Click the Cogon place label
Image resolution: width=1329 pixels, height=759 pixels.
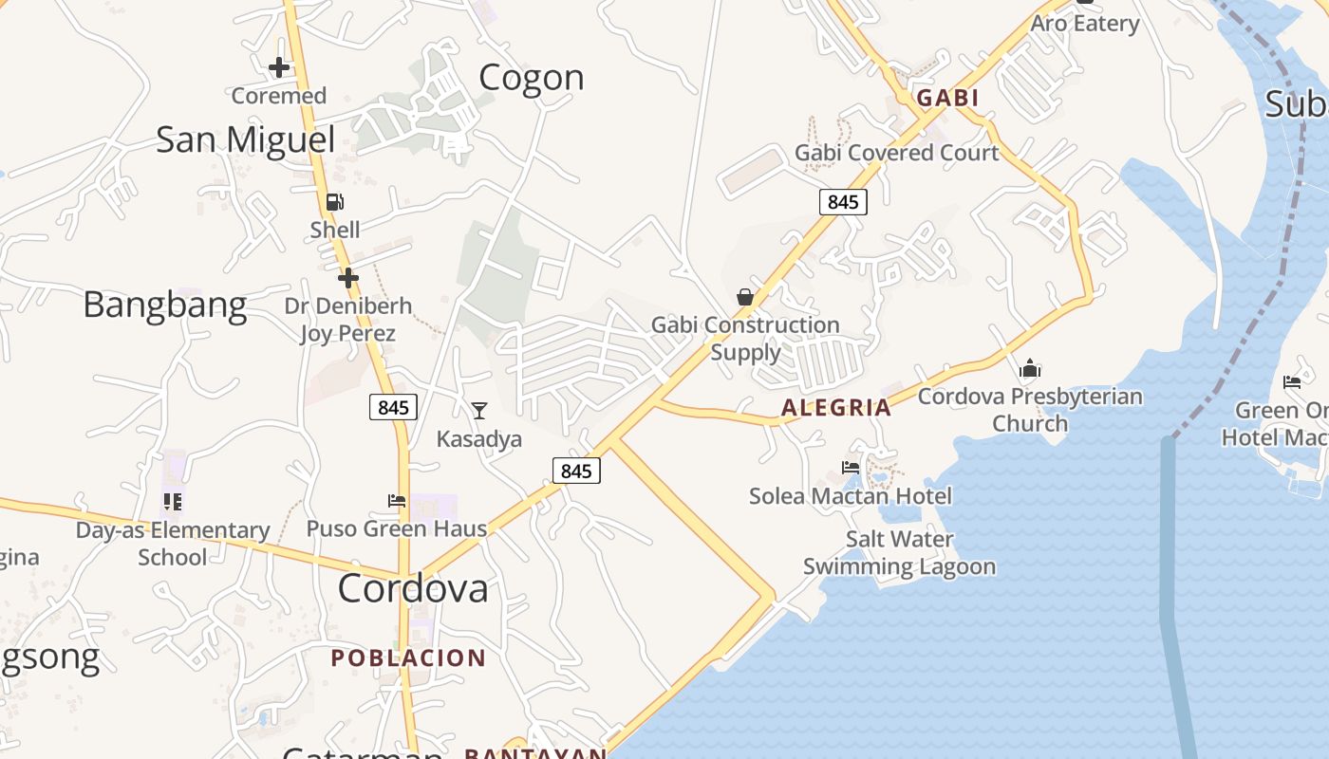click(531, 78)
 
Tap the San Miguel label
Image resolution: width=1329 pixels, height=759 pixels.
click(245, 139)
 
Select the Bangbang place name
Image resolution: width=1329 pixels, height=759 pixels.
click(164, 305)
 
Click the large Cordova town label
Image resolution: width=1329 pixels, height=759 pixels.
click(413, 588)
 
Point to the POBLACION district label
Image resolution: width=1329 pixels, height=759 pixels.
click(408, 657)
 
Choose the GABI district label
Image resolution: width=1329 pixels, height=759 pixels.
click(946, 98)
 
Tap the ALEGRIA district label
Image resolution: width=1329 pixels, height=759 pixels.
click(835, 408)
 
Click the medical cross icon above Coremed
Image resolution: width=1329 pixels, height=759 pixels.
click(278, 67)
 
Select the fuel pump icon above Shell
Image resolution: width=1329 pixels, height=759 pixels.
click(334, 202)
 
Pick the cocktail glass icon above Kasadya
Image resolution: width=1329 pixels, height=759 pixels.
click(479, 411)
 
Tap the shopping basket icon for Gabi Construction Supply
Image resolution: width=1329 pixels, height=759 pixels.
click(745, 298)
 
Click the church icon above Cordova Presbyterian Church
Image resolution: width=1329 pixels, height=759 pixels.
click(1030, 369)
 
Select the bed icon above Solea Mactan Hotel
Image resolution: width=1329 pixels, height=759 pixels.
click(851, 468)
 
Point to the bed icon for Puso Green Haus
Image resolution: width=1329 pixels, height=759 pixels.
click(397, 501)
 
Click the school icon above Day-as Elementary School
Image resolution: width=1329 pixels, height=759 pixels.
click(172, 501)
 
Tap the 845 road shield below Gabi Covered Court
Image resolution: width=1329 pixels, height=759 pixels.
click(842, 201)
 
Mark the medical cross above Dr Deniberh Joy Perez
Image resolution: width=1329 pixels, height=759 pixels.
click(348, 278)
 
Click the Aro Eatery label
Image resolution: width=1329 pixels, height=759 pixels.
click(1084, 24)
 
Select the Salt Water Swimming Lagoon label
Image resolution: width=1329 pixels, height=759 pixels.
click(899, 553)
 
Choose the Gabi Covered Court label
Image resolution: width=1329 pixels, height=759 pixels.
click(896, 153)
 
